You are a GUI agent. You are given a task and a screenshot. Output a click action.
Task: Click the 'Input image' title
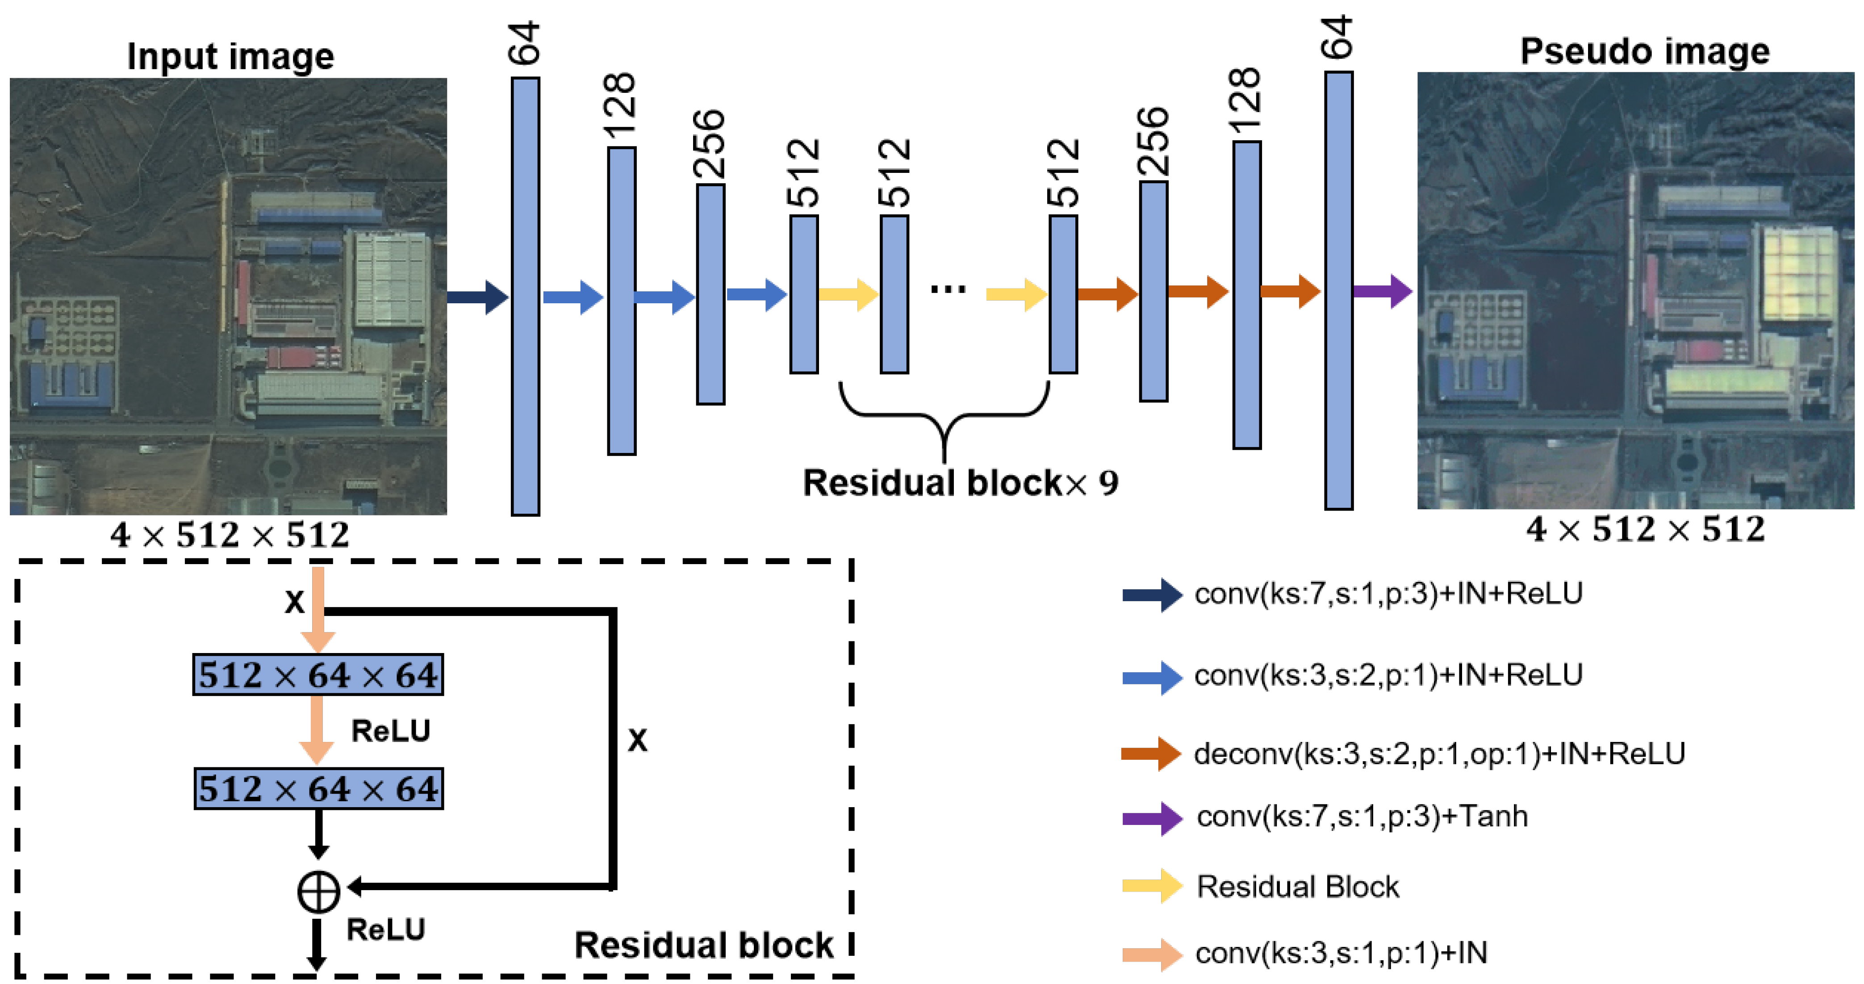click(x=230, y=56)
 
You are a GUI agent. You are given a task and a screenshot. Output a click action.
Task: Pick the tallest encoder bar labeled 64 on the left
click(x=525, y=297)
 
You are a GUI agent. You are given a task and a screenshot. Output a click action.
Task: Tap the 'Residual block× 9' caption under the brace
click(x=960, y=482)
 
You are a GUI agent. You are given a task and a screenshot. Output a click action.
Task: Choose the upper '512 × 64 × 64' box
click(x=318, y=675)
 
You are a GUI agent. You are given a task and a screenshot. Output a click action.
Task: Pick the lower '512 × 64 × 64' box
click(x=318, y=789)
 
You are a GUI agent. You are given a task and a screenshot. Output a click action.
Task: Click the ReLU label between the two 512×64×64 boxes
click(x=391, y=731)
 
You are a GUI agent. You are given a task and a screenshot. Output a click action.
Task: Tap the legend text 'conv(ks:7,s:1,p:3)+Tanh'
click(x=1362, y=816)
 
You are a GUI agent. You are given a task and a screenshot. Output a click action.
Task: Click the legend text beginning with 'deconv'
click(x=1438, y=754)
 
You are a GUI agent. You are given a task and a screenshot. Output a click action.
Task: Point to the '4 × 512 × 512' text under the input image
click(x=230, y=536)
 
